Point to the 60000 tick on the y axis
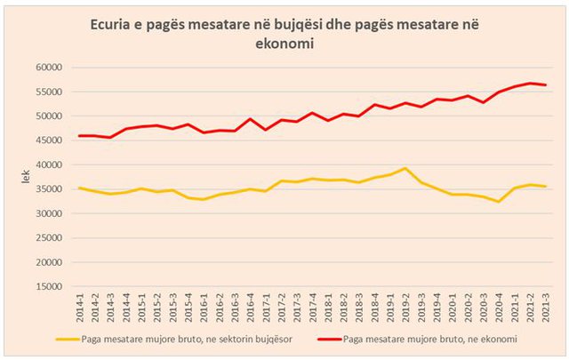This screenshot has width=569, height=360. click(x=51, y=67)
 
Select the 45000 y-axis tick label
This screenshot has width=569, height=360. click(x=51, y=140)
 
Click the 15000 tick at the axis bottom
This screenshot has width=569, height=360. click(x=51, y=287)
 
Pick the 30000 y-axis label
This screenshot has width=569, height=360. click(x=51, y=213)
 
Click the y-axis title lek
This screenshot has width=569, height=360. click(x=26, y=178)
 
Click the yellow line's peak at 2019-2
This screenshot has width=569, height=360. click(x=405, y=168)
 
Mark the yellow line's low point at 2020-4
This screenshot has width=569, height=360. click(x=499, y=202)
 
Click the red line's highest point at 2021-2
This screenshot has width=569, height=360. click(x=531, y=84)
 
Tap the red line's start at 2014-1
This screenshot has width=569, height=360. click(x=81, y=136)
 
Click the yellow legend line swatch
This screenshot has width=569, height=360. click(x=74, y=339)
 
